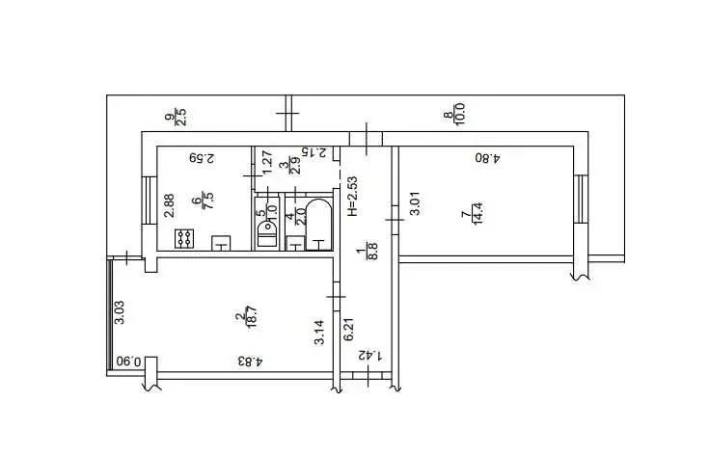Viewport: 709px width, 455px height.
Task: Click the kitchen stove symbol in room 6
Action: pyautogui.click(x=184, y=238)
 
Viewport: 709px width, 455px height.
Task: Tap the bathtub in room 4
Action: pyautogui.click(x=318, y=225)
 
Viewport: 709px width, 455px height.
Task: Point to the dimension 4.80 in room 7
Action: pyautogui.click(x=487, y=158)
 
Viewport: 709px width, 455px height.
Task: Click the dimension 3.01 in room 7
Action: pyautogui.click(x=414, y=203)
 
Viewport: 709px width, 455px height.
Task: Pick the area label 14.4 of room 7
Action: pyautogui.click(x=477, y=213)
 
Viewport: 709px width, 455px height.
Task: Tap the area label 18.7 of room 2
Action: pyautogui.click(x=252, y=316)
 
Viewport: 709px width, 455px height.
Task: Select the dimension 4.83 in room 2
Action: pyautogui.click(x=250, y=361)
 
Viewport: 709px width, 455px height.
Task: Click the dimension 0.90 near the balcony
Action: pyautogui.click(x=128, y=361)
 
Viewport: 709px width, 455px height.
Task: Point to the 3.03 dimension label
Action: pyautogui.click(x=120, y=312)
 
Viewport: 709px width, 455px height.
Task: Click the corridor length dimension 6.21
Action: pyautogui.click(x=348, y=330)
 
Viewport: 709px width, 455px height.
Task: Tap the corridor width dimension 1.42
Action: pyautogui.click(x=370, y=356)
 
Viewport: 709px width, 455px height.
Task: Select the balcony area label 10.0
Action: pyautogui.click(x=460, y=114)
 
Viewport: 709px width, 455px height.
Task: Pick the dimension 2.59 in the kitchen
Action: pyautogui.click(x=202, y=158)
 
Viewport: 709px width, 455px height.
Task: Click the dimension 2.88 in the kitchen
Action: pyautogui.click(x=169, y=205)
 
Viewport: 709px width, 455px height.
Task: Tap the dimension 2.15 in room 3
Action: pyautogui.click(x=314, y=152)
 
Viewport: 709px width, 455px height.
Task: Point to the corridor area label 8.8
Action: pyautogui.click(x=373, y=252)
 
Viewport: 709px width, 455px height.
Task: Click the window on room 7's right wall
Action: pyautogui.click(x=581, y=200)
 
